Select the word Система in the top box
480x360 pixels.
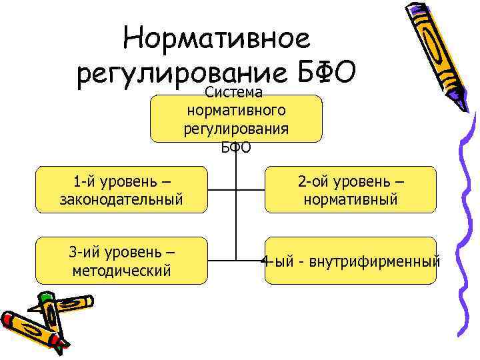(x=237, y=93)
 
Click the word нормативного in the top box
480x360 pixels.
(x=237, y=111)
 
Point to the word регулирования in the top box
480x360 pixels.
(x=237, y=129)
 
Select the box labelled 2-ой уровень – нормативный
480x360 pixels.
(x=351, y=190)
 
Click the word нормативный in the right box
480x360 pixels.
(x=351, y=199)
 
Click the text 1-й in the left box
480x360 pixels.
(x=84, y=181)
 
